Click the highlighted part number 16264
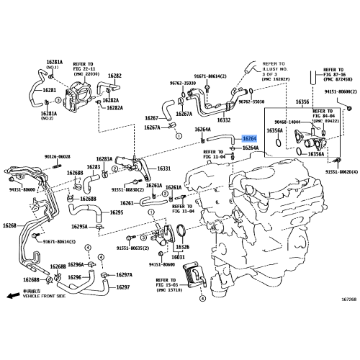249,138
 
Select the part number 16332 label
224,120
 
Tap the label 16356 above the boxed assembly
282,102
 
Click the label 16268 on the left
9,225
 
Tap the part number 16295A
78,226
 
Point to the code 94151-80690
163,265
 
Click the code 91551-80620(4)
340,173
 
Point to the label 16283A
104,159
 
